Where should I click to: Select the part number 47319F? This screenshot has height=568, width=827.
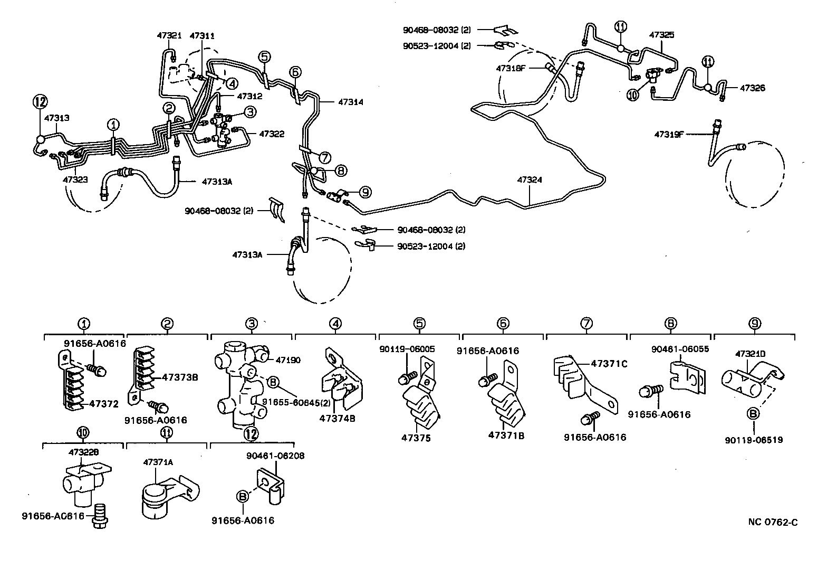coord(669,134)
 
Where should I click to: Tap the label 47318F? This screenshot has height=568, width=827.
coord(510,68)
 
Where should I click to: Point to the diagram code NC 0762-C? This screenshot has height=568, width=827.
coord(773,523)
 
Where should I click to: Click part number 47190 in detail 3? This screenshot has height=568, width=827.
coord(287,360)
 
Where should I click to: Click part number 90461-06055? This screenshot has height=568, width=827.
coord(679,349)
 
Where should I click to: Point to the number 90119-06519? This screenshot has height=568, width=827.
coord(756,439)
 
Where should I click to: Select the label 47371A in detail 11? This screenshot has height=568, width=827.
coord(158,462)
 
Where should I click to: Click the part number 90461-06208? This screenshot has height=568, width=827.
coord(275,456)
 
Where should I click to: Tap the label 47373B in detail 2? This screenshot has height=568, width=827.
coord(180,377)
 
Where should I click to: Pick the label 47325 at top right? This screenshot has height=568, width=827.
coord(661,35)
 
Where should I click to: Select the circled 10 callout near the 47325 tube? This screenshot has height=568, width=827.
coord(632,94)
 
